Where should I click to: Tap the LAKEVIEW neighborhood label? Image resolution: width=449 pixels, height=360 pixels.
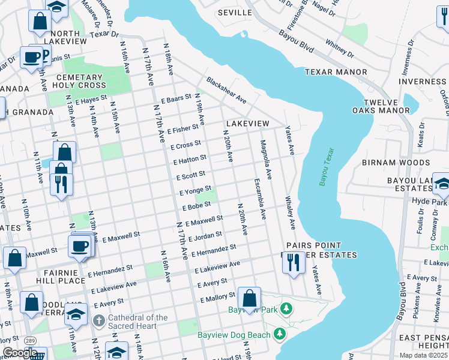[x=247, y=123]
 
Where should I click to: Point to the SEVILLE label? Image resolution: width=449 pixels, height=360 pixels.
[x=234, y=12]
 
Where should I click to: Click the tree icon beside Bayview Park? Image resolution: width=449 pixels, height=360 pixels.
[x=287, y=310]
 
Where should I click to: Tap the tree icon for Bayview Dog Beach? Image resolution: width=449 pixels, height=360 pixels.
[x=279, y=332]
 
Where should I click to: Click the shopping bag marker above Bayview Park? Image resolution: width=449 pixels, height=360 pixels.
[x=249, y=298]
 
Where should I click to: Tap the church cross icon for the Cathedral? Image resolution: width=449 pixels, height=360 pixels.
[x=100, y=322]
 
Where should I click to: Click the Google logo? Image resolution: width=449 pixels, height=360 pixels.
[x=20, y=353]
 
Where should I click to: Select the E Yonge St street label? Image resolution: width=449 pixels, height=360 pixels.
[x=196, y=191]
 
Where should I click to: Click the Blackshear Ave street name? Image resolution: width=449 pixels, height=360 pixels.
[x=226, y=89]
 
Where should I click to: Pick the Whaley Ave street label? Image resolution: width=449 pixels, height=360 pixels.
[x=291, y=212]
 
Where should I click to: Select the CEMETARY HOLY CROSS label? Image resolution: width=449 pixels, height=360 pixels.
[x=80, y=82]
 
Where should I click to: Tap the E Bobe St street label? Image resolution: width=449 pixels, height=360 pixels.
[x=197, y=207]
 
